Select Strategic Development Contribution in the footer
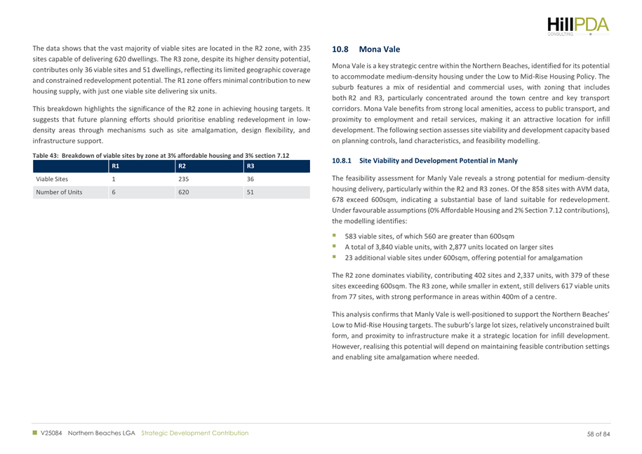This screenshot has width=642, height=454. click(195, 434)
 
